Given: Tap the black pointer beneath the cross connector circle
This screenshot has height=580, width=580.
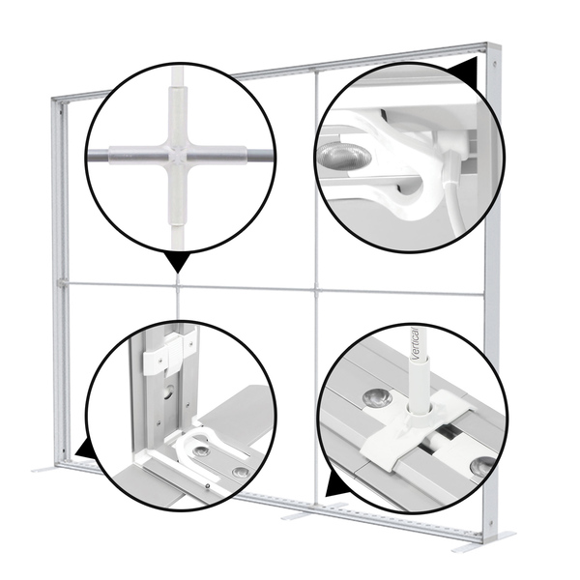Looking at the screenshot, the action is tap(178, 262).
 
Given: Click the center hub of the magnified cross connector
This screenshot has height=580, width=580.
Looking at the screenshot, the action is tap(178, 155).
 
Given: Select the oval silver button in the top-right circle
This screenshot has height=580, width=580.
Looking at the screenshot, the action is tap(344, 156).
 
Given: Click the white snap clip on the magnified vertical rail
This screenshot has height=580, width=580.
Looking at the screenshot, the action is tap(168, 352).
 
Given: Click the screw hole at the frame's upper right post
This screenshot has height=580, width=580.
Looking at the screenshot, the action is tap(494, 64).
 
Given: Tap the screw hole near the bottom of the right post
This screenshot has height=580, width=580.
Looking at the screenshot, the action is tap(491, 523).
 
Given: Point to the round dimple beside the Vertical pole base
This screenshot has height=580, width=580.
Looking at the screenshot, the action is tap(377, 396).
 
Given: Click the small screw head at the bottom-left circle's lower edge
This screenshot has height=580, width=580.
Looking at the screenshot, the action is tap(208, 485).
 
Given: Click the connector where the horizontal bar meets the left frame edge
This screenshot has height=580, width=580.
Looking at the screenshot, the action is tap(62, 283).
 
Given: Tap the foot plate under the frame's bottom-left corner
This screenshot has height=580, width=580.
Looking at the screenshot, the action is tap(45, 470).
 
